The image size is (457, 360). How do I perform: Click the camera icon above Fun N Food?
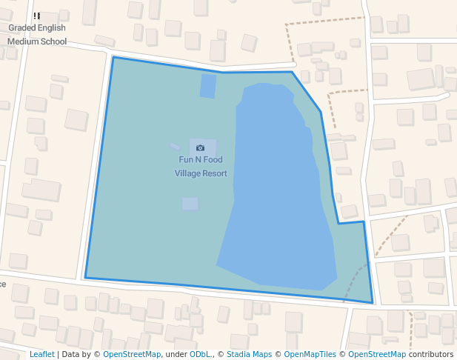point(200,147)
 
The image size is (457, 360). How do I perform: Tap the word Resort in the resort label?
point(213,173)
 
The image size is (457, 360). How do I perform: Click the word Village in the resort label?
point(186,173)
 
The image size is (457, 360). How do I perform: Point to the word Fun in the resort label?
point(186,159)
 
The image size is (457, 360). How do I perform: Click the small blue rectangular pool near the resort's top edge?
point(208,86)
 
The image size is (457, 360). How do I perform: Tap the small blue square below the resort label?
point(190,204)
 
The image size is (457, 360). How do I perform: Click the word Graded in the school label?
point(23,28)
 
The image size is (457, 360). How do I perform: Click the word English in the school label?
point(53,28)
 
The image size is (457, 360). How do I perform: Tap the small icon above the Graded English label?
point(37,16)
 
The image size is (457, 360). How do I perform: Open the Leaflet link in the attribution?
point(42,354)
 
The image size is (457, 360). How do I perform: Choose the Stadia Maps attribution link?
point(249,354)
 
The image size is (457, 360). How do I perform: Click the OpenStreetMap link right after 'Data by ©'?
point(132,354)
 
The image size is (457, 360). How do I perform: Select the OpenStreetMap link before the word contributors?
point(377,354)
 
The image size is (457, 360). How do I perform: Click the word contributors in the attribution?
point(431,354)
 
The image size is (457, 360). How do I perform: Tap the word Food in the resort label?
point(213,159)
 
